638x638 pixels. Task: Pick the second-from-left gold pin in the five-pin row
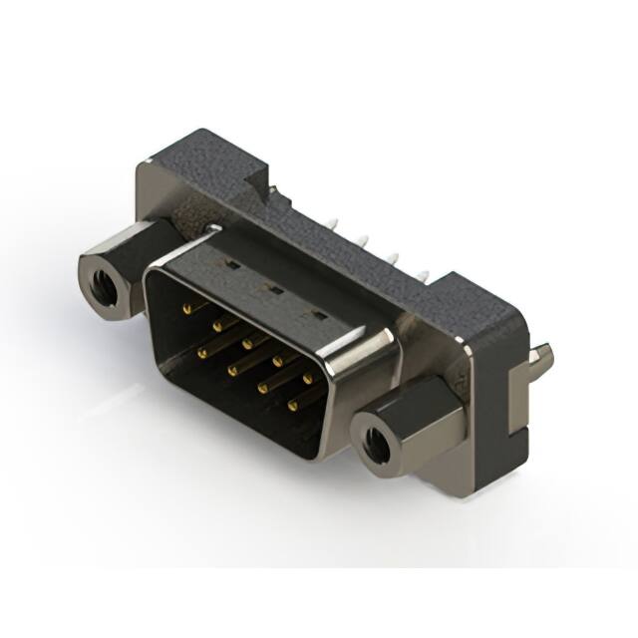[x=216, y=326]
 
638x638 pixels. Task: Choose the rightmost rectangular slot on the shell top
[x=319, y=315]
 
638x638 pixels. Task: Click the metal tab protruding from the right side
[x=543, y=356]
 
